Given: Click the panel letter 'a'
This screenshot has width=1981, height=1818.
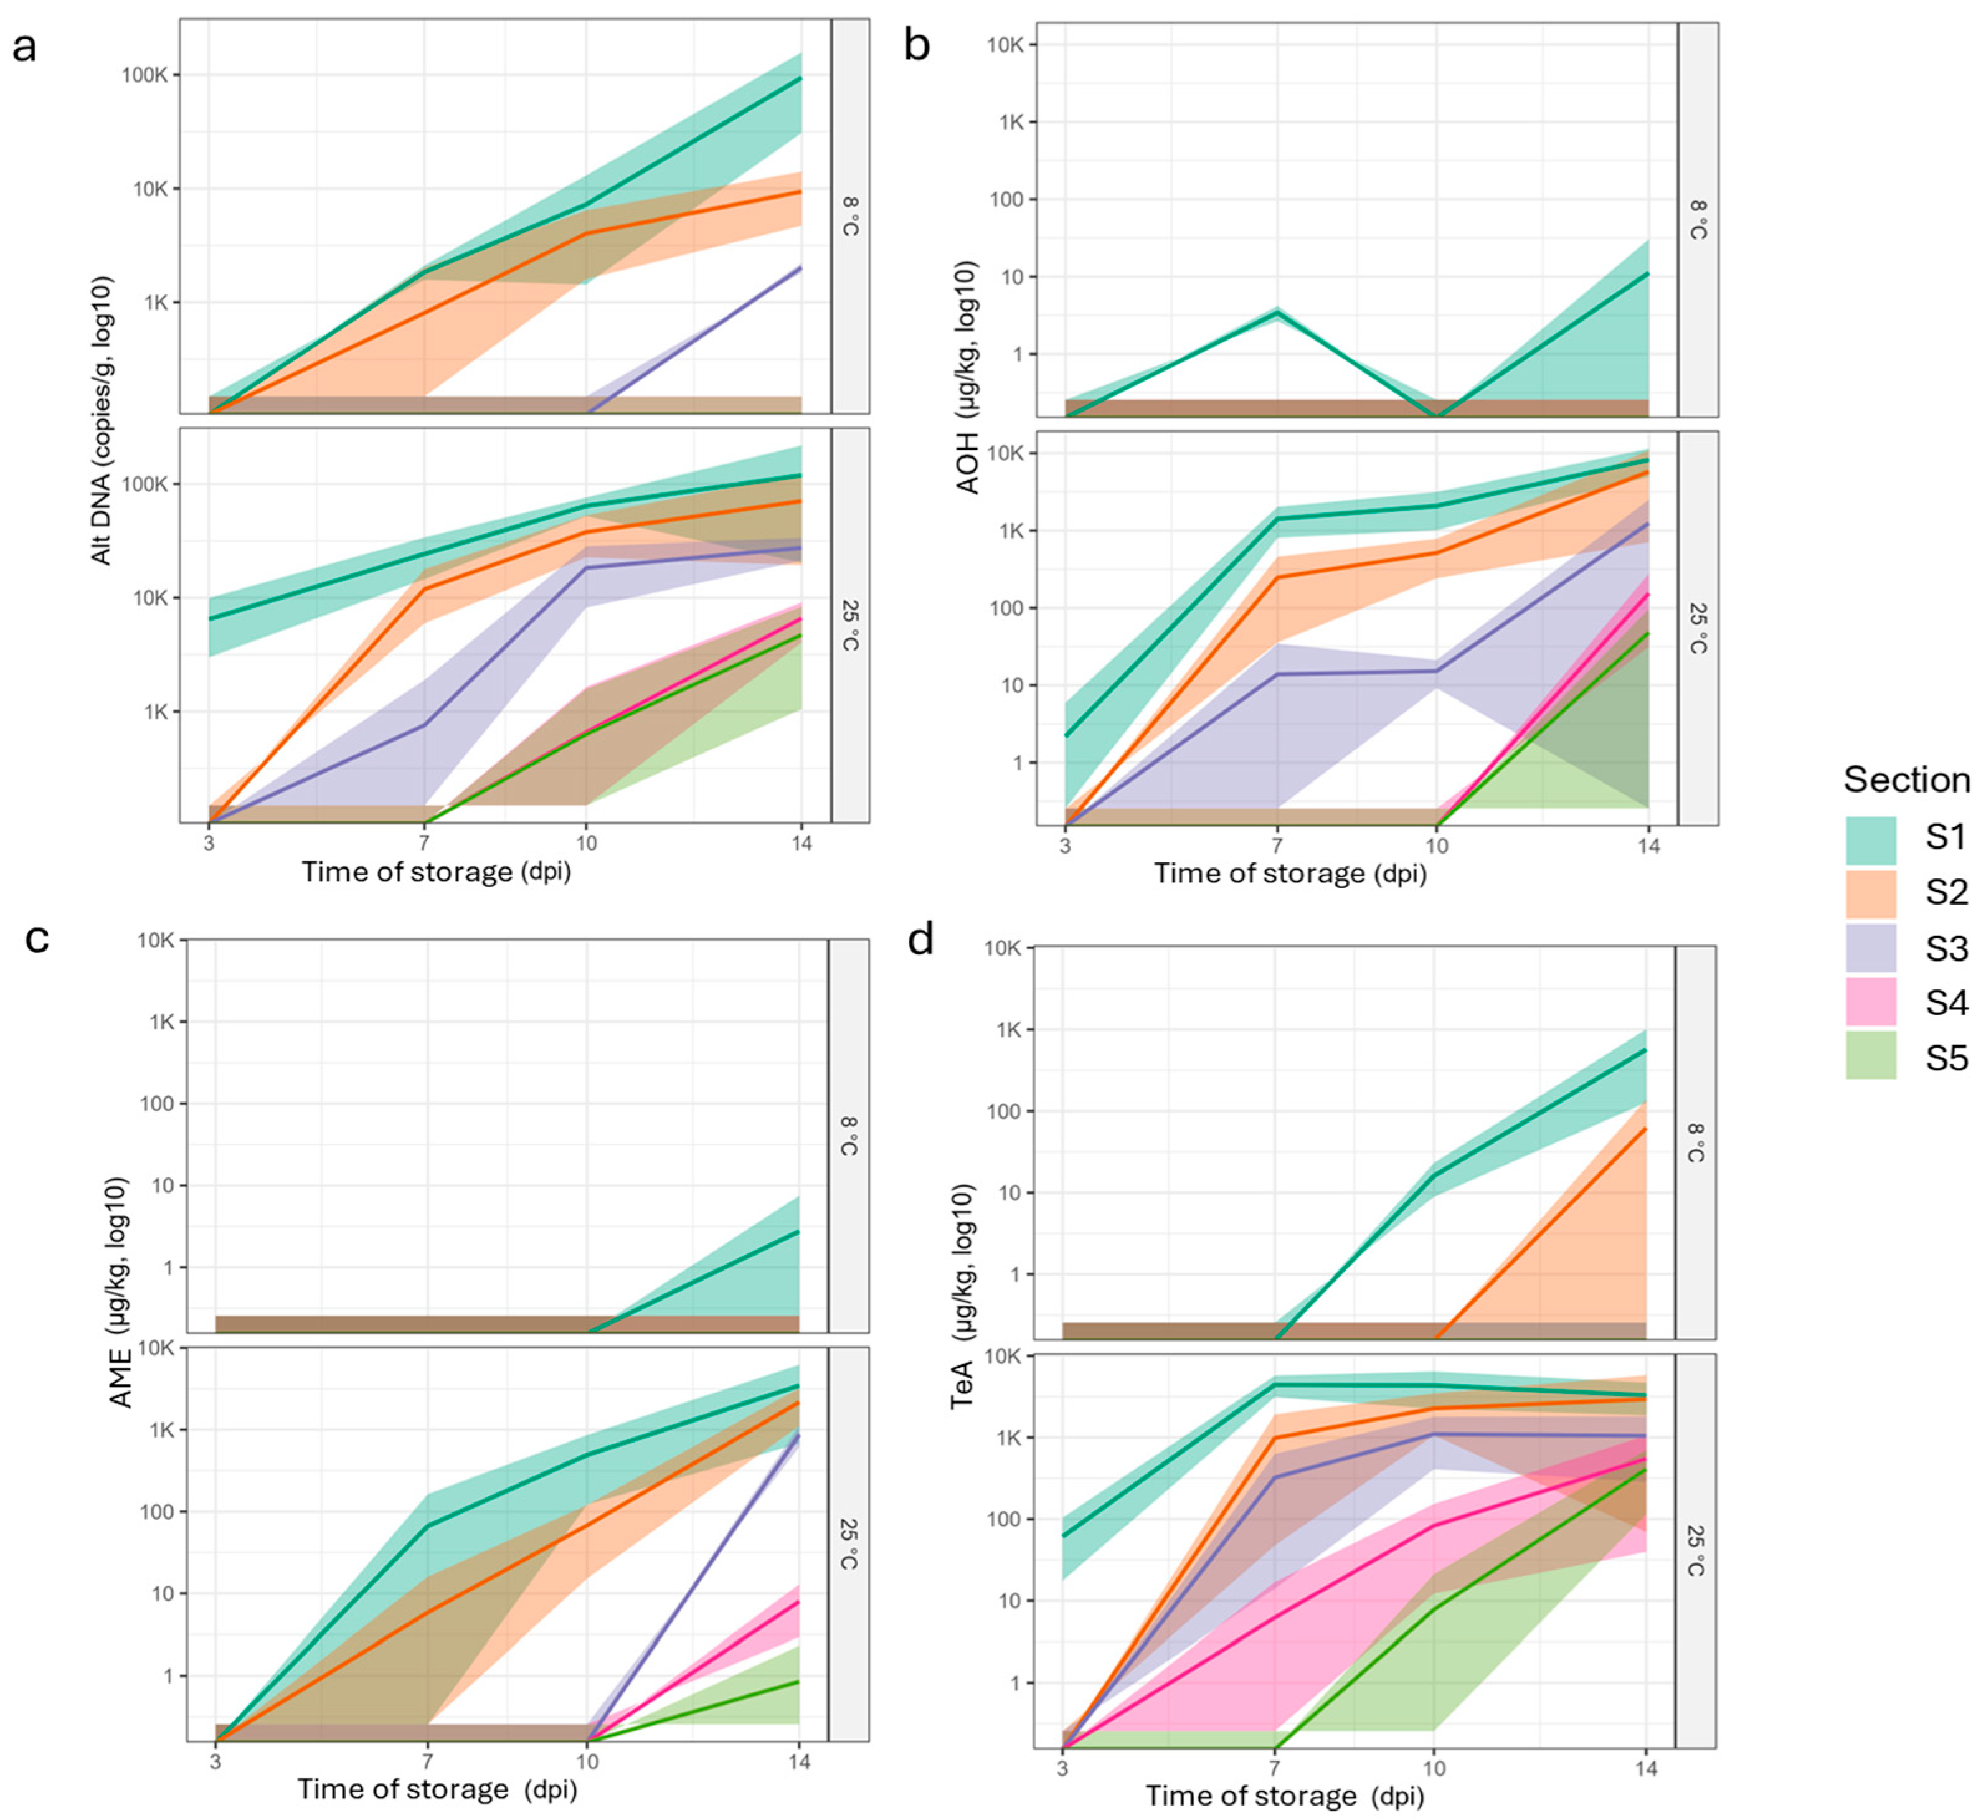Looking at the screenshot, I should [x=25, y=46].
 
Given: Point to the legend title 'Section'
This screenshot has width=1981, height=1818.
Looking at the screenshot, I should [x=1906, y=780].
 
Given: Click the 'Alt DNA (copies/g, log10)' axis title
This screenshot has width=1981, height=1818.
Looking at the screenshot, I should [x=102, y=421].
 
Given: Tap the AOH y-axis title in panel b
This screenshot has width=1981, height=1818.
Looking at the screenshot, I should [x=968, y=379].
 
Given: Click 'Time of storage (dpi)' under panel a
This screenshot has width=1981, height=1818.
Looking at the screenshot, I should [x=436, y=872].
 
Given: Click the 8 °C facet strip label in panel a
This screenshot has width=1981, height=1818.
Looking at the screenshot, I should [x=850, y=217].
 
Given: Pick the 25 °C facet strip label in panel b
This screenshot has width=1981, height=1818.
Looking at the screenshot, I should [x=1698, y=628].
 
